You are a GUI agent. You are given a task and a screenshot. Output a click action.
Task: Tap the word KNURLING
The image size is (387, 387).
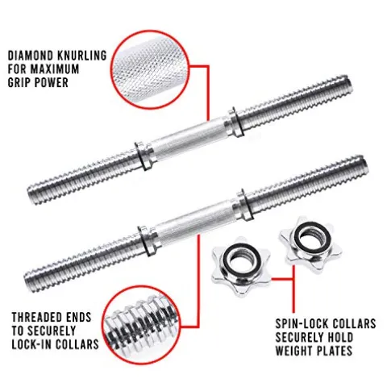click(x=83, y=55)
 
